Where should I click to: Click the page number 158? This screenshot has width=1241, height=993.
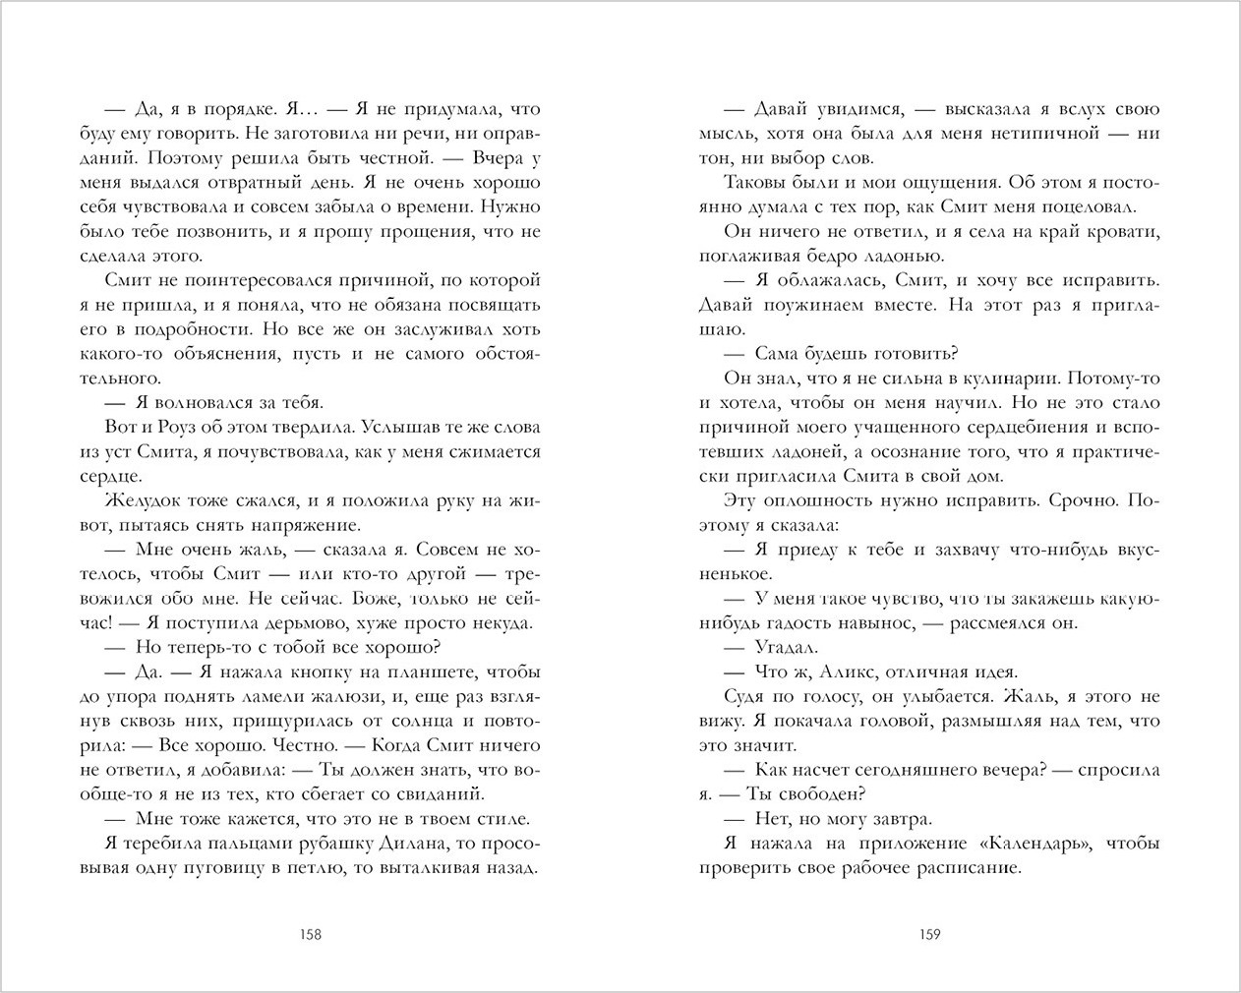point(310,934)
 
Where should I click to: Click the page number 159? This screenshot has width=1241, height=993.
point(929,934)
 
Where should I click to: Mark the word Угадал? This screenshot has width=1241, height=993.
point(785,647)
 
